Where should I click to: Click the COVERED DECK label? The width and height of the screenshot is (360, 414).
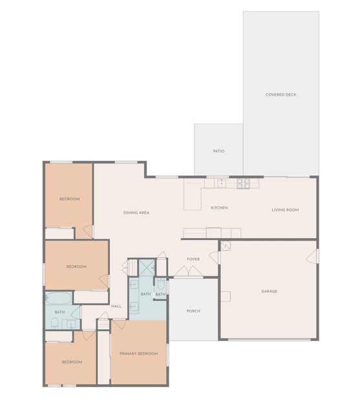coord(281,95)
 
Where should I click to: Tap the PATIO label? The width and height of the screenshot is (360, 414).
coord(218,151)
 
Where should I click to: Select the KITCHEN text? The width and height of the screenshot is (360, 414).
coord(219,208)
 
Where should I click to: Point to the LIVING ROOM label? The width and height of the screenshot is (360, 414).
coord(284,210)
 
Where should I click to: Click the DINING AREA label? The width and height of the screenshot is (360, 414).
coord(136,212)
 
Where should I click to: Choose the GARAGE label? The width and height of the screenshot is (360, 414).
coord(269,291)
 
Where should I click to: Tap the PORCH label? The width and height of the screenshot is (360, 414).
coord(193,311)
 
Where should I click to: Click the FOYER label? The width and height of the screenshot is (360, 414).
coord(193,259)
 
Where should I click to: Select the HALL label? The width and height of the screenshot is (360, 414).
coord(116,306)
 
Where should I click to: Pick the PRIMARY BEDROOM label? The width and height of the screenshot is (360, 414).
coord(138,354)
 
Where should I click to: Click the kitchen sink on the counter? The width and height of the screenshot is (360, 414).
coord(220,184)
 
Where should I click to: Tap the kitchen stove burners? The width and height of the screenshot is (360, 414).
coord(243,184)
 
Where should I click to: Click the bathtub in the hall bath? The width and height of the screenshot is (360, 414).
coord(59,299)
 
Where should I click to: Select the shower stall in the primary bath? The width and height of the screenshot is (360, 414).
coord(147,267)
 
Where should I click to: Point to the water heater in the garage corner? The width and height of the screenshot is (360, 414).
coord(225,246)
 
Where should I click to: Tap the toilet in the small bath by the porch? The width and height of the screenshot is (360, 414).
coord(160,284)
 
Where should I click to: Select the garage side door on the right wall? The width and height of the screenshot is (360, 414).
coord(317,257)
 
